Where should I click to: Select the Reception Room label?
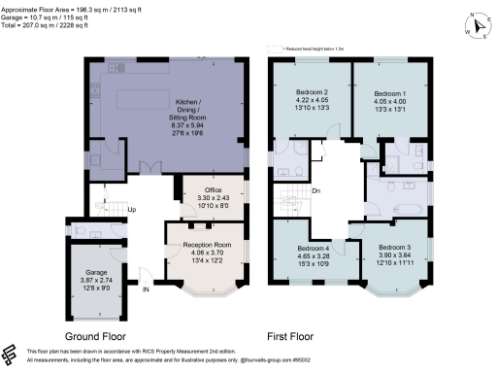tap(207, 246)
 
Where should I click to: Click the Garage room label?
tap(96, 273)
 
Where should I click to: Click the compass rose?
tap(478, 25)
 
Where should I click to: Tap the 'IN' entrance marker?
tap(146, 288)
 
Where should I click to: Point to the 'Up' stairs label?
tap(131, 210)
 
